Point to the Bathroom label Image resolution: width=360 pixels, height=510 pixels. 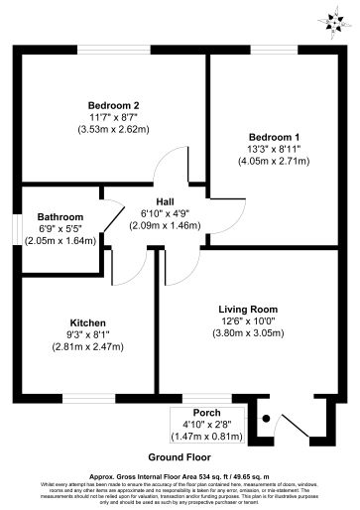coord(60,216)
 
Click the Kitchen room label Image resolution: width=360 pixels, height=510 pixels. coord(86,322)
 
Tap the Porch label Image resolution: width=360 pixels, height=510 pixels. coord(206,412)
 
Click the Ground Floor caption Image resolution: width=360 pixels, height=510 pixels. coord(180,457)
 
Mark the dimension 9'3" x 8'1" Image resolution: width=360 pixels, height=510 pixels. coord(86,335)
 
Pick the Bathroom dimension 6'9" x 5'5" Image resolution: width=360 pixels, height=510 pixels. coord(60,228)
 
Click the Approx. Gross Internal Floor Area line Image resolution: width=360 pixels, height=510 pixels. coord(180,475)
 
